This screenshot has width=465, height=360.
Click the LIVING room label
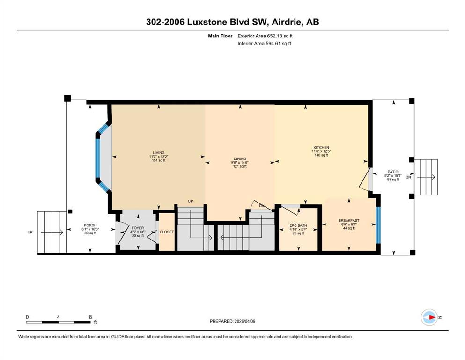pyautogui.click(x=159, y=153)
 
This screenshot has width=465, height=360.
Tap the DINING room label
pyautogui.click(x=240, y=159)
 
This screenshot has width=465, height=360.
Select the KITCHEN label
pyautogui.click(x=321, y=148)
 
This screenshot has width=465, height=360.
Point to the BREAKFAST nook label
pyautogui.click(x=349, y=220)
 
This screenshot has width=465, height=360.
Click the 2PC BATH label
pyautogui.click(x=298, y=225)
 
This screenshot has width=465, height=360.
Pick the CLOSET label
pyautogui.click(x=167, y=232)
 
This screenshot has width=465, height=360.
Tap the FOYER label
pyautogui.click(x=138, y=228)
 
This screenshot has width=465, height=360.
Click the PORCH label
pyautogui.click(x=90, y=225)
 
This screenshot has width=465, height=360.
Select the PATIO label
pyautogui.click(x=393, y=172)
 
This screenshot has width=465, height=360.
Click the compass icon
pyautogui.click(x=429, y=317)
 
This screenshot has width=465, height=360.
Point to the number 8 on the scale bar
pyautogui.click(x=90, y=317)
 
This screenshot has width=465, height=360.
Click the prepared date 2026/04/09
pyautogui.click(x=244, y=321)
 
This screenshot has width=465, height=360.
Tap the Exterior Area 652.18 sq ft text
pyautogui.click(x=265, y=36)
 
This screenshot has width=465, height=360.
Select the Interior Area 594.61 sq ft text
pyautogui.click(x=264, y=43)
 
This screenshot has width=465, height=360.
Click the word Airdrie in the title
pyautogui.click(x=285, y=22)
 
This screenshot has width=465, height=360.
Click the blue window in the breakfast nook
pyautogui.click(x=378, y=225)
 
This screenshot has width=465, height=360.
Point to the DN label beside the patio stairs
pyautogui.click(x=408, y=177)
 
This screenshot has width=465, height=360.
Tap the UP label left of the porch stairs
pyautogui.click(x=30, y=232)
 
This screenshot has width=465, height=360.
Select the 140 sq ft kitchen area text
pyautogui.click(x=321, y=155)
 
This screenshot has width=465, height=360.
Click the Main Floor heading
pyautogui.click(x=220, y=36)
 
